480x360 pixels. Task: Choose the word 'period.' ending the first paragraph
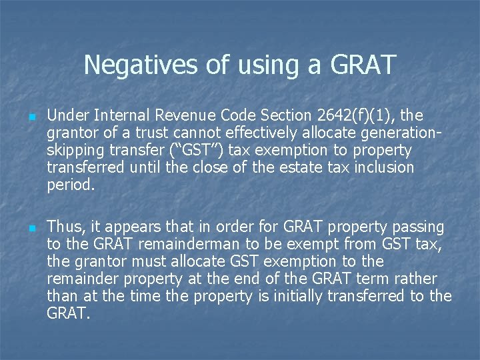pyautogui.click(x=71, y=185)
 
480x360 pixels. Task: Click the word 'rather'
pyautogui.click(x=419, y=279)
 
